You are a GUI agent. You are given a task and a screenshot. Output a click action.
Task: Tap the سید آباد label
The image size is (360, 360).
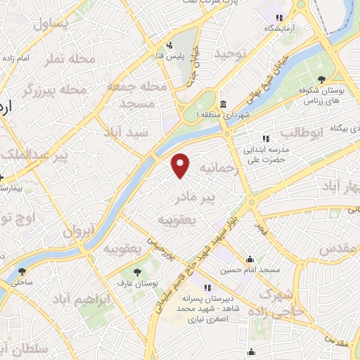pyautogui.click(x=124, y=132)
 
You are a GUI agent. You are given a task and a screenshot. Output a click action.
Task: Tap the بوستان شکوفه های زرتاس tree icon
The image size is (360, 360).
pyautogui.click(x=321, y=78)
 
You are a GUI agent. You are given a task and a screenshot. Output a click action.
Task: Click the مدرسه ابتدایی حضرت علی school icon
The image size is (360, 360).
pyautogui.click(x=265, y=139)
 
